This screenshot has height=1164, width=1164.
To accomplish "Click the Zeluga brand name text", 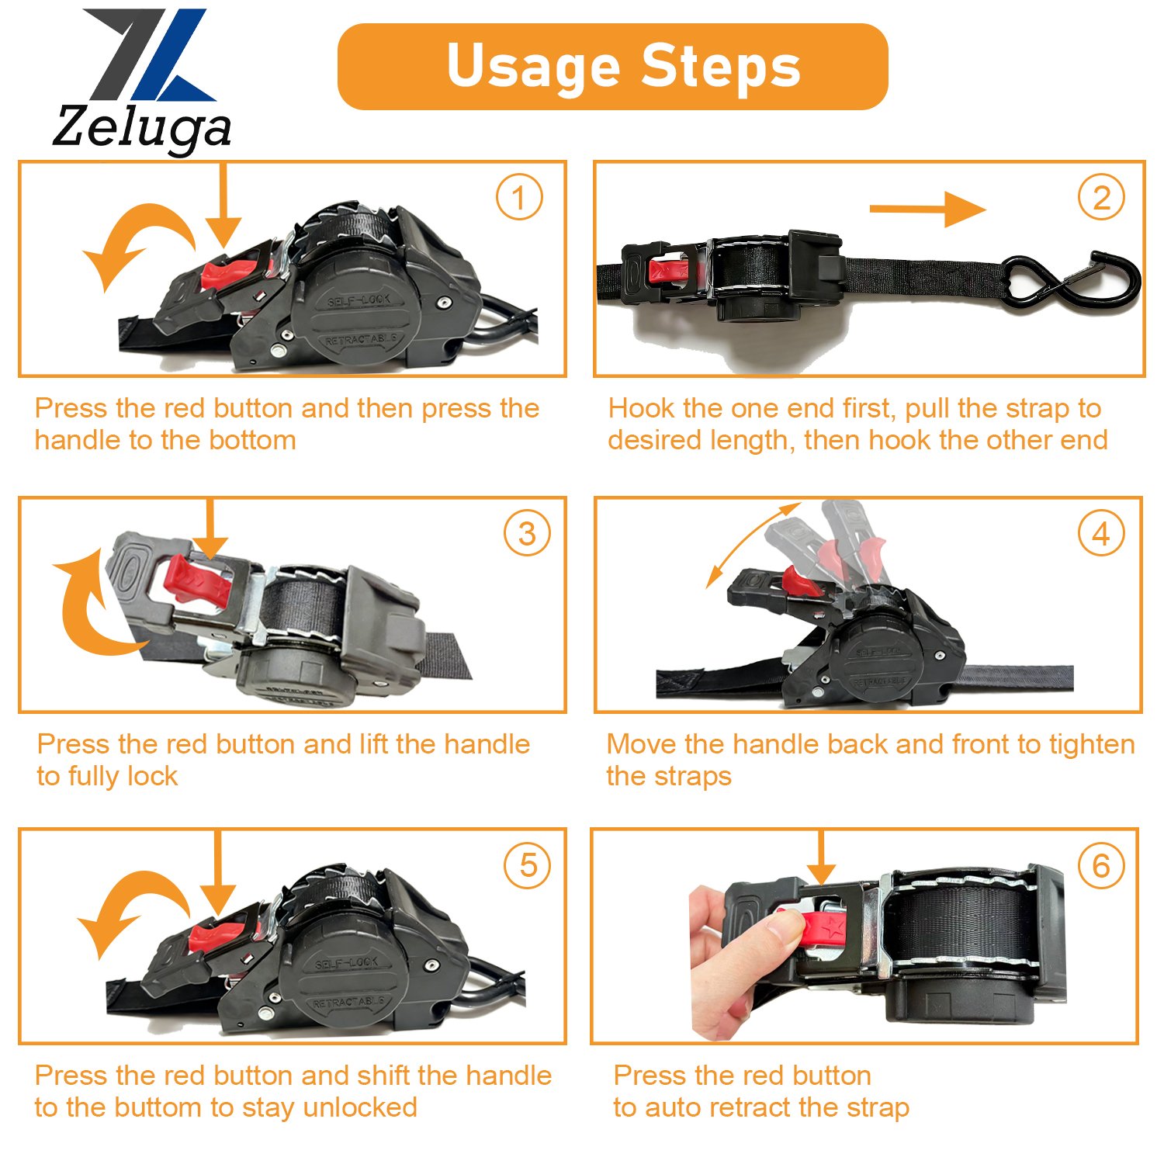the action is point(142,128).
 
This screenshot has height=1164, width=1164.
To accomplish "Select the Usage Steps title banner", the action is point(612,67).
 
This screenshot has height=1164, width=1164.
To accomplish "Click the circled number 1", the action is point(519,197).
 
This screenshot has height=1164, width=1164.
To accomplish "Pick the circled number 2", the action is point(1101,197).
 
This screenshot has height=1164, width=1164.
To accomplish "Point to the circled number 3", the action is point(527,533).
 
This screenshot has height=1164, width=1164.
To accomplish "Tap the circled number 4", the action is point(1101,533).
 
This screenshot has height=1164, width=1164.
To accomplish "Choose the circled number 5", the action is point(528,865).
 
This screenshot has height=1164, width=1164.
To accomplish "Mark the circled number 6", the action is point(1101,865).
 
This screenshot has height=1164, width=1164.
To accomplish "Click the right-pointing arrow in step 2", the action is point(927,209).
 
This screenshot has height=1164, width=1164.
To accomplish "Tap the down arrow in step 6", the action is point(821,857).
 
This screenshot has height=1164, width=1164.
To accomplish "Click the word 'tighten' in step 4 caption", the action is point(1092,744).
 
